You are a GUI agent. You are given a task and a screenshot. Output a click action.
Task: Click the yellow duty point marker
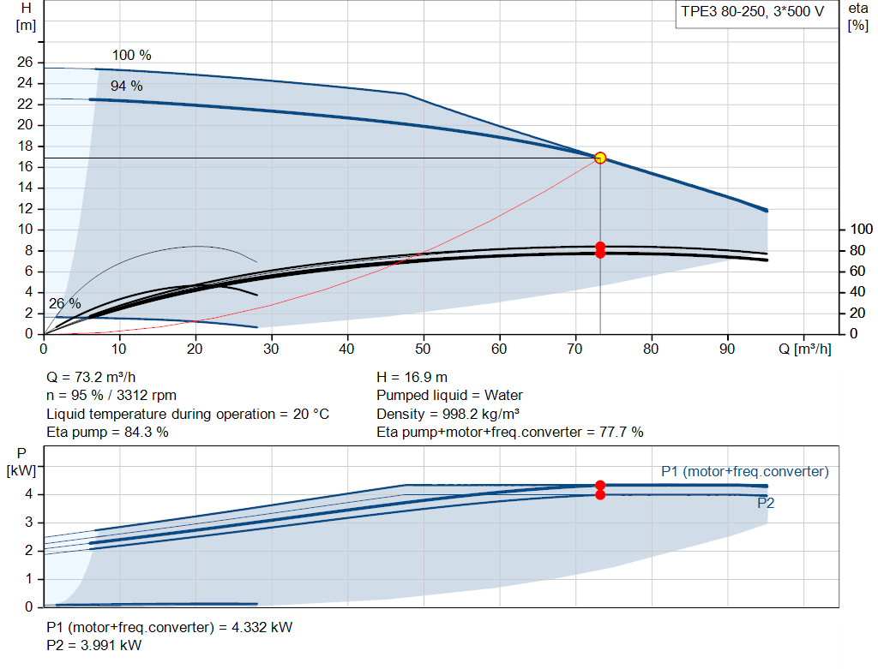pyautogui.click(x=600, y=158)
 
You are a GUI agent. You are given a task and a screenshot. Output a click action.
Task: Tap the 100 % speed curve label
pyautogui.click(x=131, y=55)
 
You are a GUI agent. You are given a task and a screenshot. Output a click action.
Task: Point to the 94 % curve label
pyautogui.click(x=127, y=86)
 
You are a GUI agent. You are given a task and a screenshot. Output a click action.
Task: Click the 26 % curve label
pyautogui.click(x=65, y=304)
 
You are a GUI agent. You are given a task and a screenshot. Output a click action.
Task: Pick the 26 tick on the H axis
pyautogui.click(x=25, y=62)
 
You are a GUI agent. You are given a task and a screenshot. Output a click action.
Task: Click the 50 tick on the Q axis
pyautogui.click(x=423, y=349)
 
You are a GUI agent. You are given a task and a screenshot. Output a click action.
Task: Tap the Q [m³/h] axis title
pyautogui.click(x=805, y=349)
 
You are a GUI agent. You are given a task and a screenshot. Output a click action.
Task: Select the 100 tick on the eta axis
pyautogui.click(x=861, y=230)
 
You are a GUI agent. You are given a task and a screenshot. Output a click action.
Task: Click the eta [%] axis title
pyautogui.click(x=857, y=17)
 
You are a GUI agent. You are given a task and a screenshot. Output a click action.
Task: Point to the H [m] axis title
pyautogui.click(x=26, y=17)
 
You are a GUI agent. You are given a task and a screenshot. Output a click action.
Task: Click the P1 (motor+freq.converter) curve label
pyautogui.click(x=745, y=471)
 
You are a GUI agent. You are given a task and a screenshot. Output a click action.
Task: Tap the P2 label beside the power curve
pyautogui.click(x=766, y=503)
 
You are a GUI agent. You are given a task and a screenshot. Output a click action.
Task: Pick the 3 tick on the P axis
pyautogui.click(x=28, y=523)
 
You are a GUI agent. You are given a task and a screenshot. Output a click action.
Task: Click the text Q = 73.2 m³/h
pyautogui.click(x=91, y=378)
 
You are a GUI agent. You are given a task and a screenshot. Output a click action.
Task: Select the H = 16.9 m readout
pyautogui.click(x=412, y=378)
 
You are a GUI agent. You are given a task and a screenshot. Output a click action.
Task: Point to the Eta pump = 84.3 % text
pyautogui.click(x=107, y=432)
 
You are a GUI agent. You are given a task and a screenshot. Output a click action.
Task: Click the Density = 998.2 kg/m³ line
pyautogui.click(x=448, y=414)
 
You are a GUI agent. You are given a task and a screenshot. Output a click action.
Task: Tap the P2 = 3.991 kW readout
pyautogui.click(x=94, y=645)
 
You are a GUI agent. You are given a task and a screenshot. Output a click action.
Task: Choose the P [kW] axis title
pyautogui.click(x=21, y=462)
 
